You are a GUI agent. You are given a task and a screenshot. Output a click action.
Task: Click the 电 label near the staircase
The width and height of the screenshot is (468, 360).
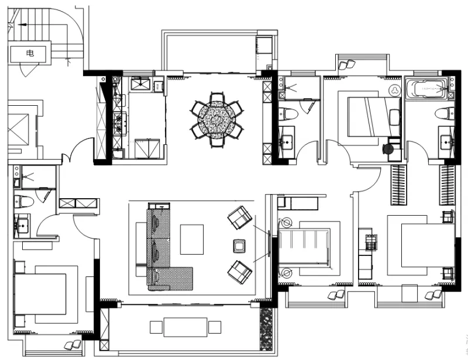30,54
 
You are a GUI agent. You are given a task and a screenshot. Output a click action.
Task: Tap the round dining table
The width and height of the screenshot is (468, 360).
217,120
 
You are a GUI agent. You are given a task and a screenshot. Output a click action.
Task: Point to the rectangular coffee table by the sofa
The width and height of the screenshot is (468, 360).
192,240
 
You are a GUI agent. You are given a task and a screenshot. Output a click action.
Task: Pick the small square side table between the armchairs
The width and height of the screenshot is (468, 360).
240,246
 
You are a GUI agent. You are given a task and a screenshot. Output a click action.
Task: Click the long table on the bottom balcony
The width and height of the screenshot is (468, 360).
185,327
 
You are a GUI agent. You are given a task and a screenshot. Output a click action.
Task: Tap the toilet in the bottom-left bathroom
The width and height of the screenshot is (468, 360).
23,201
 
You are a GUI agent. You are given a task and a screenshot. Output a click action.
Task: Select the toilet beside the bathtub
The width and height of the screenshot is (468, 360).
445,114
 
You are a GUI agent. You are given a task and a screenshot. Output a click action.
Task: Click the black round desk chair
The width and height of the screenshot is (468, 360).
388,148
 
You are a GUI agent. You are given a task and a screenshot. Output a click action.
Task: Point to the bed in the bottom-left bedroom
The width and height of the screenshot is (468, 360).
40,294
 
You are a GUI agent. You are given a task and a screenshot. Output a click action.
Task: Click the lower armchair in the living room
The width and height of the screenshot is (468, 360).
240,272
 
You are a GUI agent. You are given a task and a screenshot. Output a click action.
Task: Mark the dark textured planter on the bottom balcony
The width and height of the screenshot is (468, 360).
266,329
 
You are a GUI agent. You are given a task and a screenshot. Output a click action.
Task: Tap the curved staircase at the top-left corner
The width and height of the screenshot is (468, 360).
45,33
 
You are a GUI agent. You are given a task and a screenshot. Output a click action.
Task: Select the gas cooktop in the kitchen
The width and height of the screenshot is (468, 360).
120,123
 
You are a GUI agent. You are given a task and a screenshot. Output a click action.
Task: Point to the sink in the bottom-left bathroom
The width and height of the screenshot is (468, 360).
21,226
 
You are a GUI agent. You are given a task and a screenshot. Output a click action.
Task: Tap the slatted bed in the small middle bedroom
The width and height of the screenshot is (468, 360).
304,247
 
